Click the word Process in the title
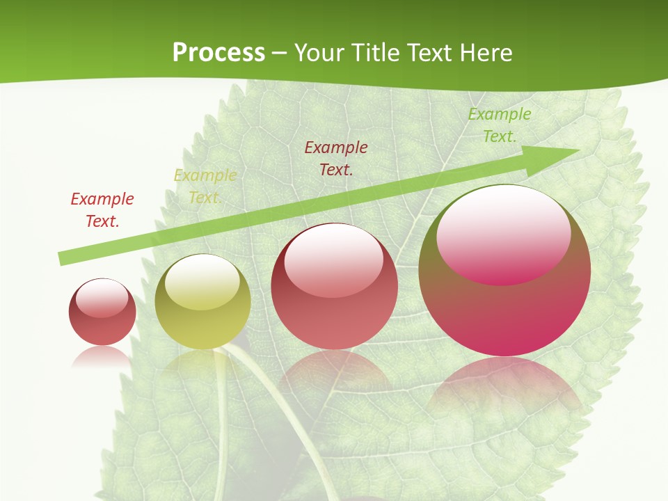218,53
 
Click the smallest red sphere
102,312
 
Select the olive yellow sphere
202,302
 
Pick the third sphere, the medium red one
334,287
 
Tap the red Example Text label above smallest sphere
102,209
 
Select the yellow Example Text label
205,186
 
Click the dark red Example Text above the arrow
336,158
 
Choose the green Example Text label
499,125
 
